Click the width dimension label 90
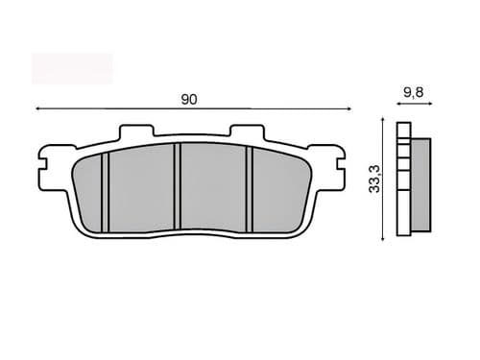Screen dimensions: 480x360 click(x=189, y=100)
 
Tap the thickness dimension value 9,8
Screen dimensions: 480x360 click(x=414, y=92)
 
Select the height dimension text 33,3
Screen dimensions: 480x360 click(x=374, y=179)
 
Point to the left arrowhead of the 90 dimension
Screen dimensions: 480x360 click(x=37, y=108)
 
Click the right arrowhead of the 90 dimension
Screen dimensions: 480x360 click(x=349, y=108)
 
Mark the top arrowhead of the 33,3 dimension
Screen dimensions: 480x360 click(x=383, y=119)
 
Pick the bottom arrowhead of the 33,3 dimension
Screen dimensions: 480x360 click(x=383, y=238)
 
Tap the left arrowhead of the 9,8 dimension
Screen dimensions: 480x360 click(x=398, y=104)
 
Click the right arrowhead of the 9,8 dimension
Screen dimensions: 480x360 click(x=430, y=104)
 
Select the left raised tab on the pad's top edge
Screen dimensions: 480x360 click(x=136, y=131)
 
